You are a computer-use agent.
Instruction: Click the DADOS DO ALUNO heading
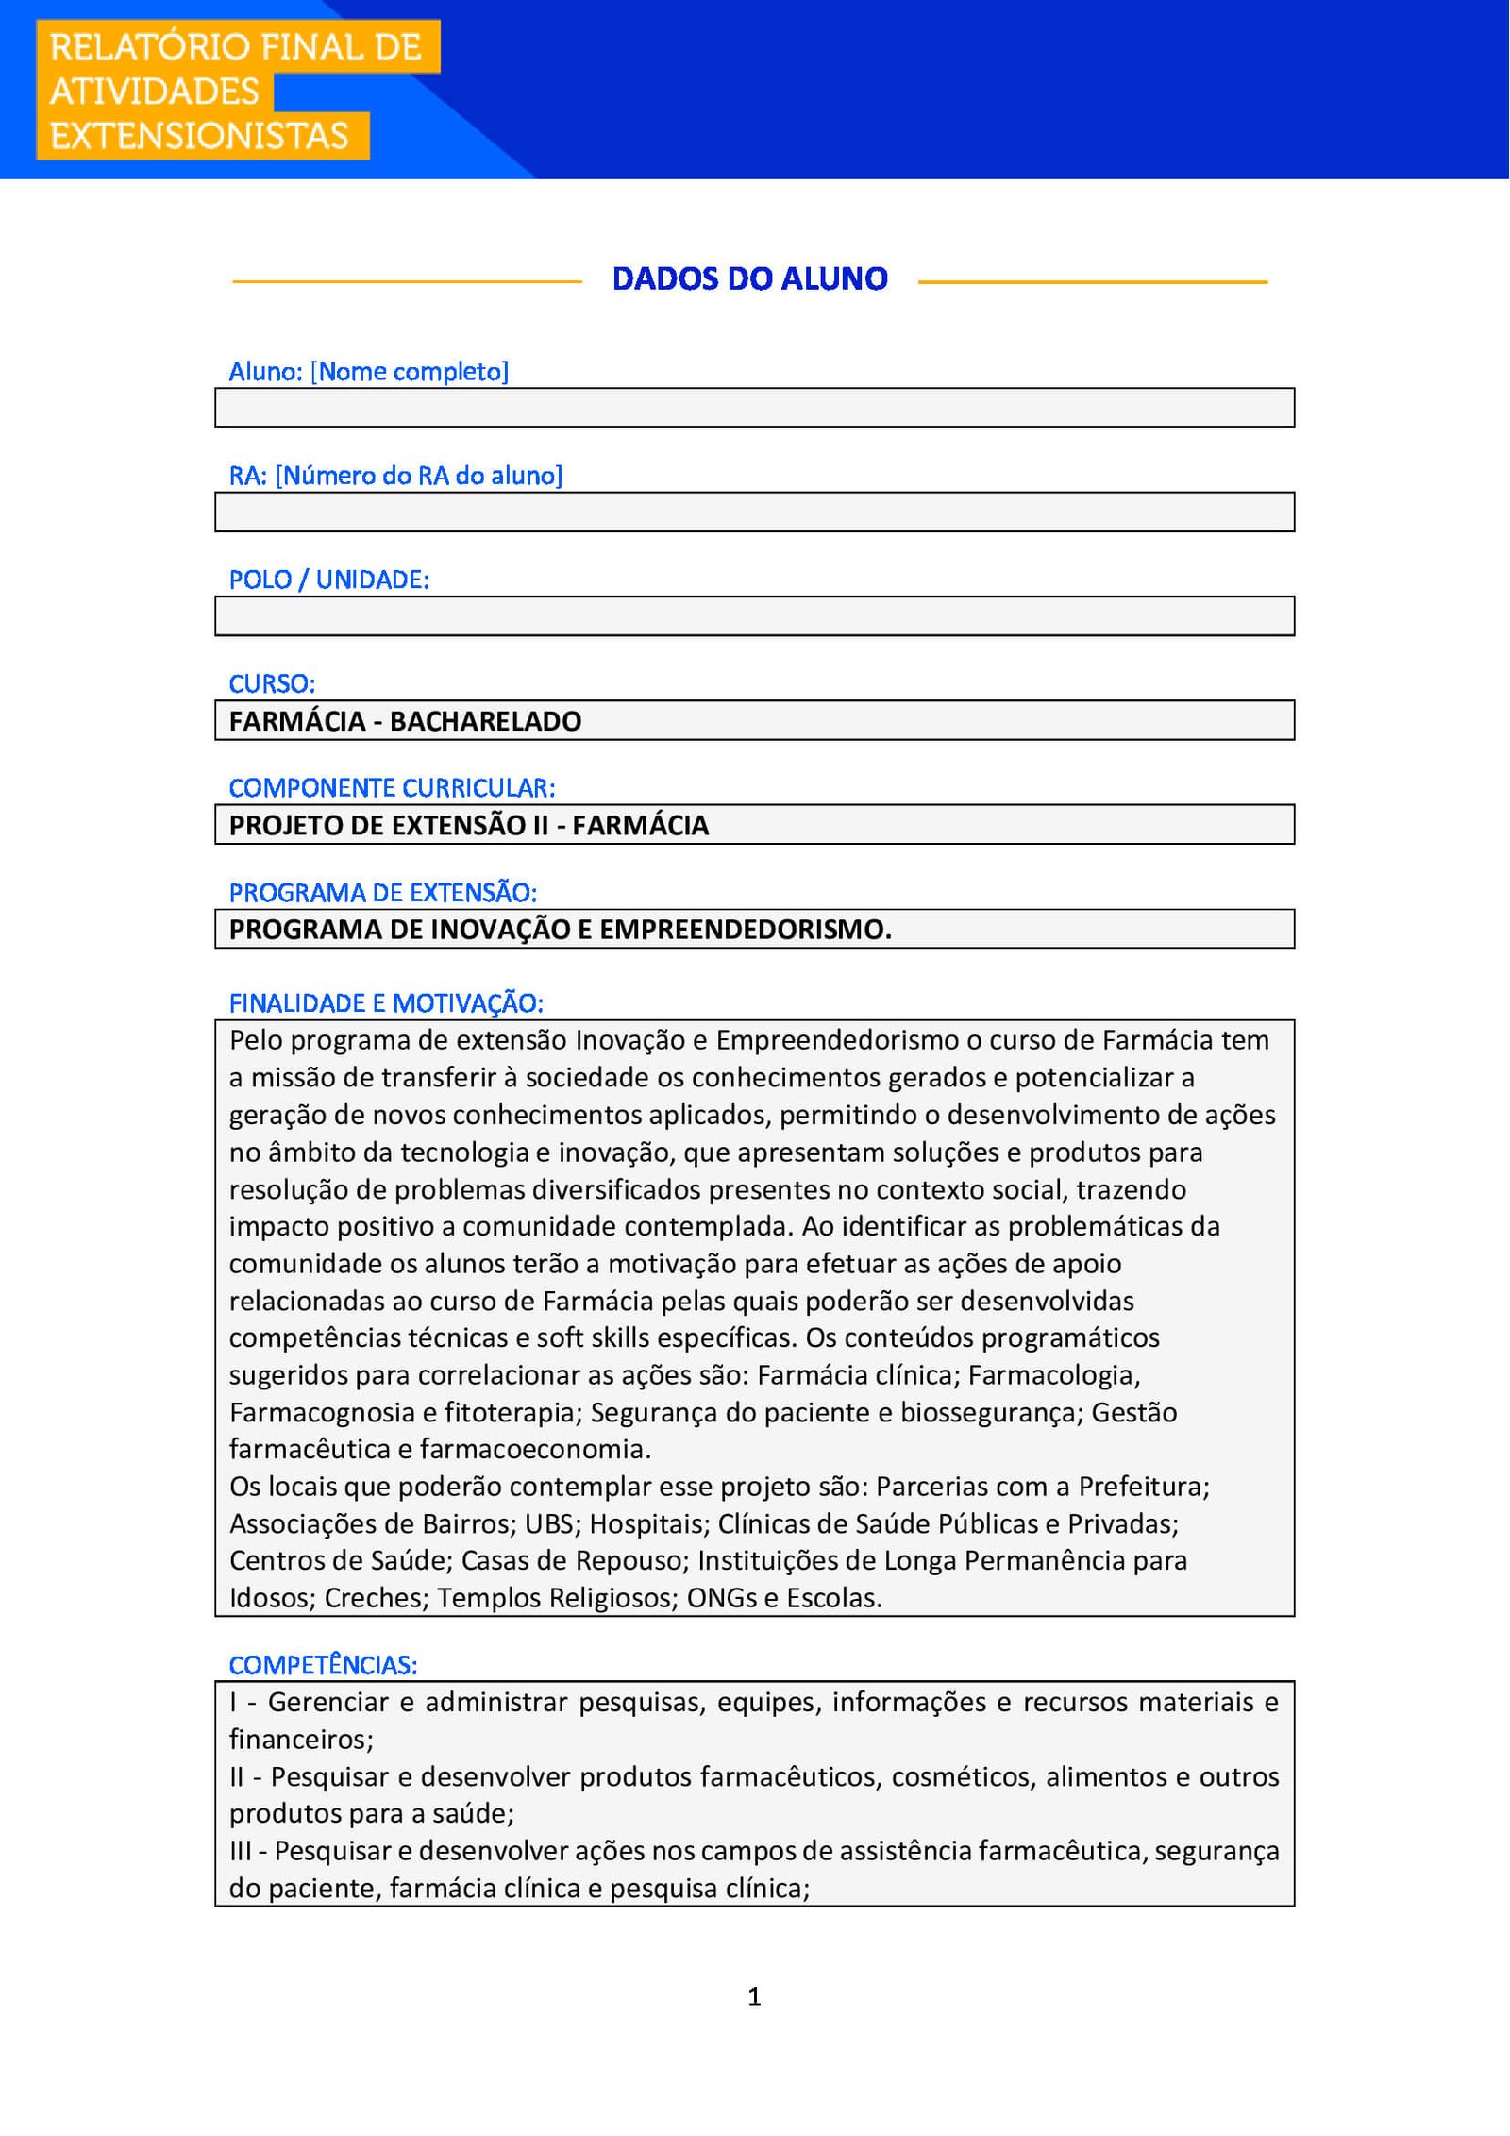click(749, 278)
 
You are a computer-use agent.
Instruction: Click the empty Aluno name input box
click(754, 408)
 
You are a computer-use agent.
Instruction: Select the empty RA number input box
click(754, 512)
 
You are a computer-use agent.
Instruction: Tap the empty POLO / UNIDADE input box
click(754, 616)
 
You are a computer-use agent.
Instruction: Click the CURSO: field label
click(272, 683)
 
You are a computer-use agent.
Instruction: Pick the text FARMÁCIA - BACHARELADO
click(405, 721)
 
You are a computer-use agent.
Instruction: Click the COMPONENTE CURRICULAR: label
click(392, 787)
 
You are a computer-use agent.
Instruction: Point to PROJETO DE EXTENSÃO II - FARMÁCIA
click(468, 825)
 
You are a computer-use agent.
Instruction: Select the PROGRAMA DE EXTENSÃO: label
click(382, 892)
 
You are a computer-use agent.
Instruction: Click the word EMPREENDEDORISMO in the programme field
click(745, 930)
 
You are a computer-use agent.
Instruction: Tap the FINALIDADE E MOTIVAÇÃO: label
click(386, 1003)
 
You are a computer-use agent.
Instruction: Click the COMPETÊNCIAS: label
click(323, 1665)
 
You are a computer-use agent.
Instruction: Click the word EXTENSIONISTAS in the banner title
click(199, 136)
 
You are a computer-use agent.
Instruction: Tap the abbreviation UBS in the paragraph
click(549, 1523)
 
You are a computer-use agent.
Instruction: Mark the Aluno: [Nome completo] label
click(368, 372)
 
